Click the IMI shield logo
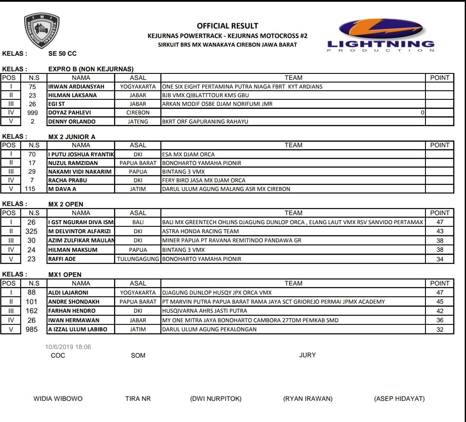pos(42,30)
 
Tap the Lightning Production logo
pos(381,35)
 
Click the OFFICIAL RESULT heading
pos(227,26)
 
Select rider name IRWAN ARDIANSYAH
pos(76,86)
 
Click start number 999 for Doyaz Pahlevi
pos(33,113)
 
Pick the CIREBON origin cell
pos(138,113)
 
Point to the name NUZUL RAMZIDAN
pos(73,163)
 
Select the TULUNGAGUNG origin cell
pos(138,259)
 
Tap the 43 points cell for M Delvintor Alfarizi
pos(440,231)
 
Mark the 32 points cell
pos(440,329)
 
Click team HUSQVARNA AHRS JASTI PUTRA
pos(205,311)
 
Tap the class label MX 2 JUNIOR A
pos(72,136)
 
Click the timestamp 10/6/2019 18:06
pos(68,347)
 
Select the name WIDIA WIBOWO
pos(58,399)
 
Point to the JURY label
pos(307,355)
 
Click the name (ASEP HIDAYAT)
pos(399,399)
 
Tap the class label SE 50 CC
pos(63,54)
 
